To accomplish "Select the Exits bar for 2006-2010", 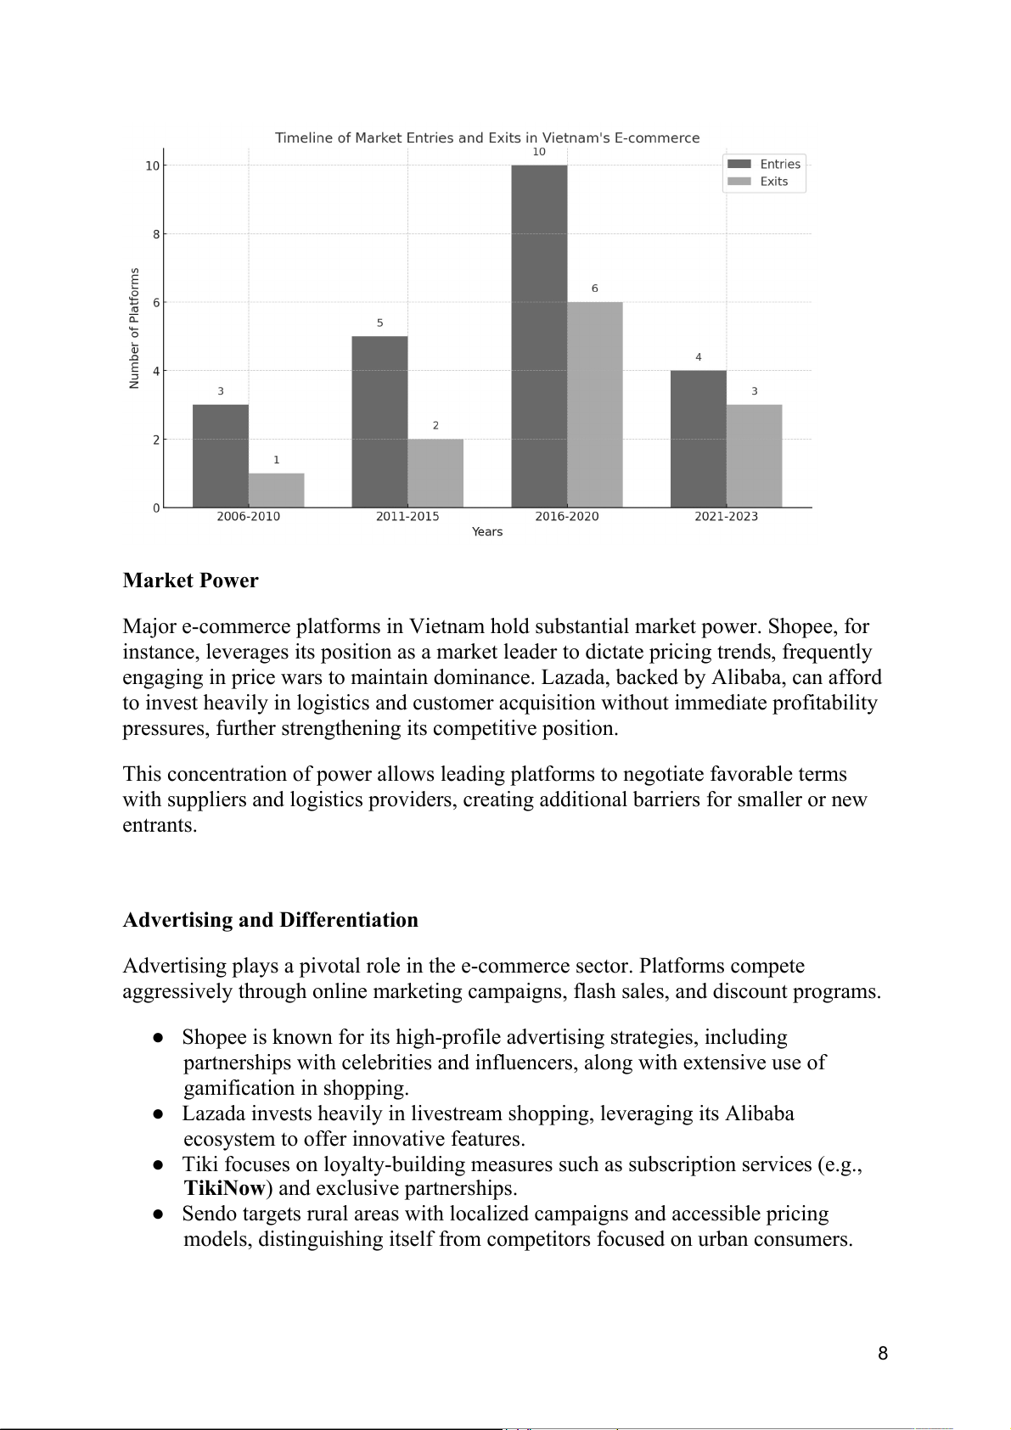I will click(x=277, y=491).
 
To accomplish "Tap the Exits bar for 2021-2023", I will click(x=754, y=456).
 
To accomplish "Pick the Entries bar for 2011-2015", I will click(x=379, y=422).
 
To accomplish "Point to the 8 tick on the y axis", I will click(x=156, y=234).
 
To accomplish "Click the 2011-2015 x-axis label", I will click(x=407, y=516).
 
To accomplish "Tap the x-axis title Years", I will click(x=487, y=532).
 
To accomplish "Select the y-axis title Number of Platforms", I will click(x=134, y=328).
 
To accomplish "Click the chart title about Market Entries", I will click(x=487, y=137).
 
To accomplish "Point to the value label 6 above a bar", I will click(x=594, y=289).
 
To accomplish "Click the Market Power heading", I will click(x=190, y=580).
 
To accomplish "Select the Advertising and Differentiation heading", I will click(x=270, y=920).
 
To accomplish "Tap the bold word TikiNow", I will click(x=225, y=1188).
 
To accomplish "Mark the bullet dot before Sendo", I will click(x=158, y=1214).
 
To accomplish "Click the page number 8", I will click(x=883, y=1354).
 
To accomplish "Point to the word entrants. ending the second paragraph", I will click(x=160, y=825).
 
